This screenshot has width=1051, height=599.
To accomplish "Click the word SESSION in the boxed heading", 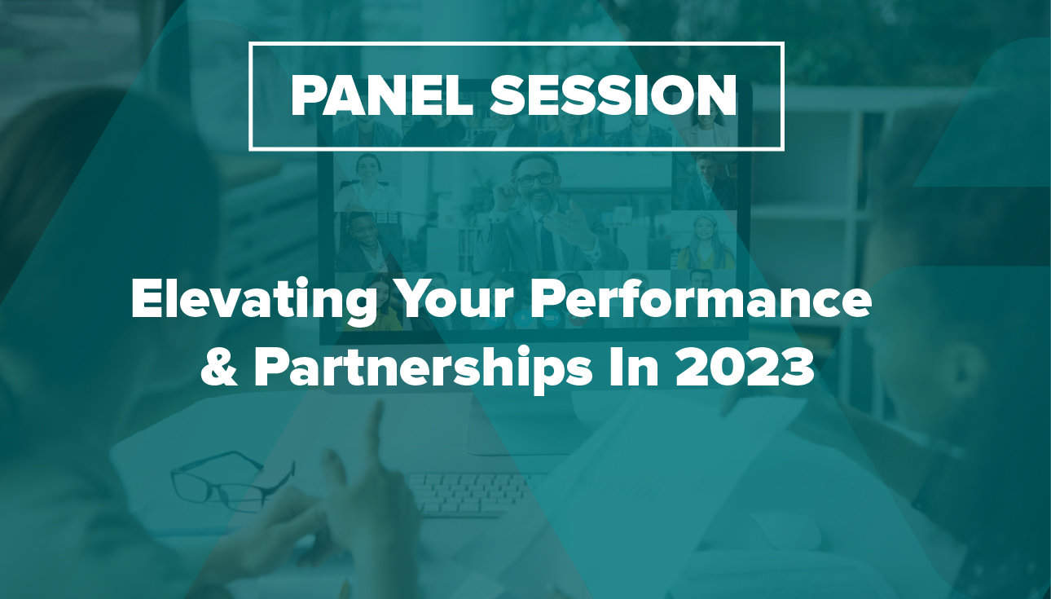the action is [x=613, y=96].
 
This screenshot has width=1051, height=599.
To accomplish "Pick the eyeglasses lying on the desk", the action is [x=233, y=480].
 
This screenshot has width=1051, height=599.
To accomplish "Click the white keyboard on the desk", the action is [x=469, y=494].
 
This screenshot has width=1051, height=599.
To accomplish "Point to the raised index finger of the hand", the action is [x=376, y=429].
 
